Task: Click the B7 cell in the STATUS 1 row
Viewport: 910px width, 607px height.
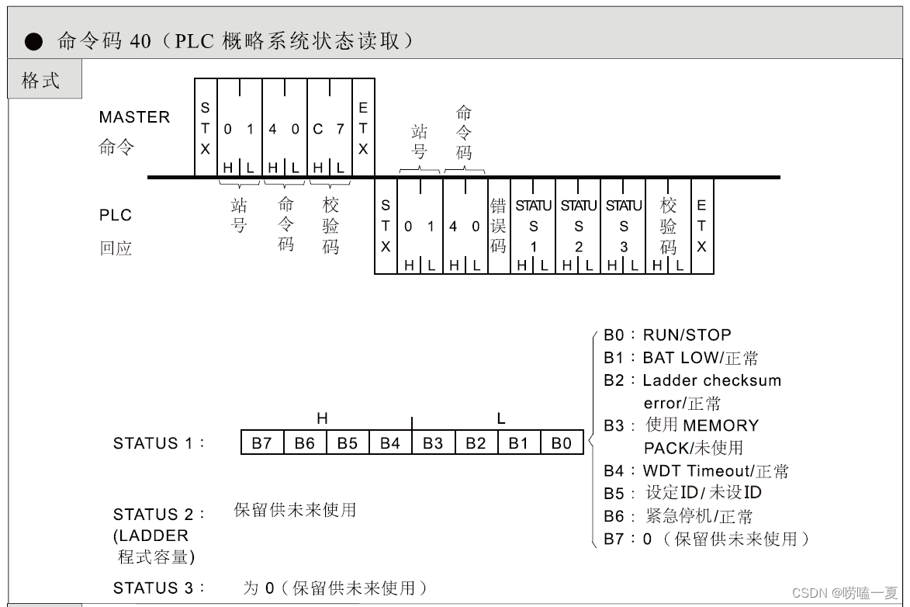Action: (262, 443)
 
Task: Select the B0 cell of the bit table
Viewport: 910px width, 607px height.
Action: (562, 443)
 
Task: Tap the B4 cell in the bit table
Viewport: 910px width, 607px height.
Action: (390, 443)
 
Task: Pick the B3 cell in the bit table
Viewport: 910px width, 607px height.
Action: (433, 443)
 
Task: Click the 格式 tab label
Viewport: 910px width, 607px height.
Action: (42, 80)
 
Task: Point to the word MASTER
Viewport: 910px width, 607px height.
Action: (134, 117)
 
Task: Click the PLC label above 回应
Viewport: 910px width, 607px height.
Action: (116, 215)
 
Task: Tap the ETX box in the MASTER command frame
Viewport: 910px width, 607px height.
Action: (363, 128)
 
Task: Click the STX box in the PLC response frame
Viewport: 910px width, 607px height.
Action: (386, 226)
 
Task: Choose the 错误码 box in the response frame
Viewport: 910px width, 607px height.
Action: (498, 226)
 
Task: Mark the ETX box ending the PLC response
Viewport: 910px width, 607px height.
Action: (701, 226)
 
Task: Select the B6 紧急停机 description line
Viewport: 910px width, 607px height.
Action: (679, 516)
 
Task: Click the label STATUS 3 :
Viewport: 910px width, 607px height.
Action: (159, 588)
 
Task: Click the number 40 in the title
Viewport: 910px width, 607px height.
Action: (140, 41)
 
